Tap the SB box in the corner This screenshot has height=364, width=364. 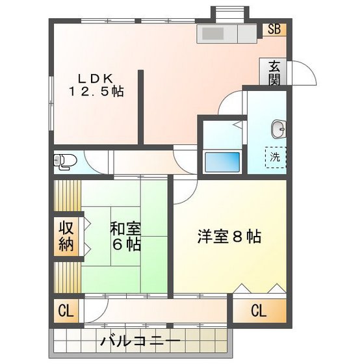(274, 29)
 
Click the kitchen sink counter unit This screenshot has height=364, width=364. (227, 34)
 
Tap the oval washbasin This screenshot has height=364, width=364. (279, 129)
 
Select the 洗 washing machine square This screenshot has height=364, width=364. (274, 157)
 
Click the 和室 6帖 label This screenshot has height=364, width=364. (125, 237)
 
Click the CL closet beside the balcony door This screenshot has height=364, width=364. (66, 311)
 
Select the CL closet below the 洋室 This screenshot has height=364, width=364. (259, 311)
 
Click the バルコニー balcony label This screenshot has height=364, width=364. (140, 340)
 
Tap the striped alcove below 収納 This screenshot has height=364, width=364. (66, 277)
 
